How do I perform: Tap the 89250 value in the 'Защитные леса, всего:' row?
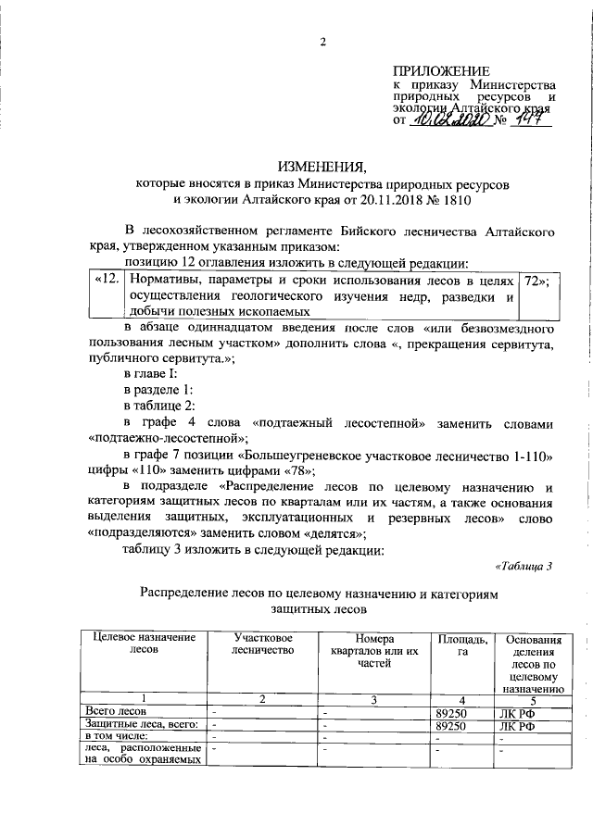click(451, 726)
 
